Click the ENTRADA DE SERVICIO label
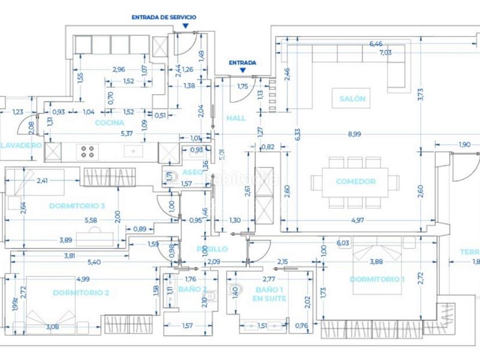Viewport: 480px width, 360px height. [164, 17]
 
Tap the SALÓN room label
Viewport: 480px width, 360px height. [352, 99]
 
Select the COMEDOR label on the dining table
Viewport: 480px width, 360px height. [355, 181]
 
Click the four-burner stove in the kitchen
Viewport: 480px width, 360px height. [88, 151]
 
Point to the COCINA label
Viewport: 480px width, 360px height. [109, 123]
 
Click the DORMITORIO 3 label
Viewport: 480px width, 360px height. [77, 206]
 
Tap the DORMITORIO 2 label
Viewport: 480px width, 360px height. [80, 292]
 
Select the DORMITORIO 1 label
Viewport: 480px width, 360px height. [378, 279]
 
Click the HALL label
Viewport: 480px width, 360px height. [236, 118]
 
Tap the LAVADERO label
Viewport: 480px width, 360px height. [20, 146]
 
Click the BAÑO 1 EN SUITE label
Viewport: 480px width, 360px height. [268, 294]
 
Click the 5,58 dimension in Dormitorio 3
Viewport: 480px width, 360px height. [92, 220]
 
